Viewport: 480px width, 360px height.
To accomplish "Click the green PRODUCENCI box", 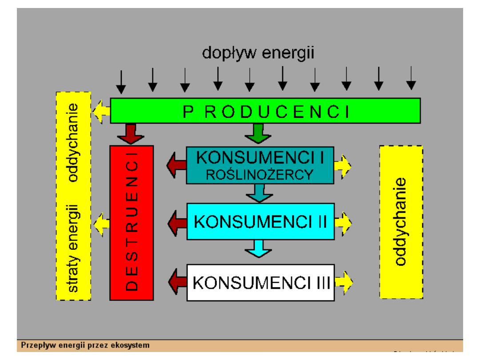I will point(265,111).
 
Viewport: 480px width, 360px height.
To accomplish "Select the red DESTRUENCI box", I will point(132,223).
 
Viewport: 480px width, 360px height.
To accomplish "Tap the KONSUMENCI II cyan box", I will point(260,221).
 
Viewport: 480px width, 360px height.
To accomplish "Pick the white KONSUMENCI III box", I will point(260,282).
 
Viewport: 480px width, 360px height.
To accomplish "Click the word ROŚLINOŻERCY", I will point(260,175).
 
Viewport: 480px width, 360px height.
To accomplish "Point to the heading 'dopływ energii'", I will point(258,53).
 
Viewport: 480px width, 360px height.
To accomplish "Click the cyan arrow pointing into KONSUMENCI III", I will point(258,248).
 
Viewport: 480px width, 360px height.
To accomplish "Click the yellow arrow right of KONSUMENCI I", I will point(343,166).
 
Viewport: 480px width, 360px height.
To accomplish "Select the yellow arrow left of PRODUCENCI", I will point(101,112).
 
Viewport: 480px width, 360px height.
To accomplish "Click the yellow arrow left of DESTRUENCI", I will point(101,222).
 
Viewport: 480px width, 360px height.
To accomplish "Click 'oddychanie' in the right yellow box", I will point(401,221).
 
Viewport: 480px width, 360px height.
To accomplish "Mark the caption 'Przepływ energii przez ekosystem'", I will point(85,345).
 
